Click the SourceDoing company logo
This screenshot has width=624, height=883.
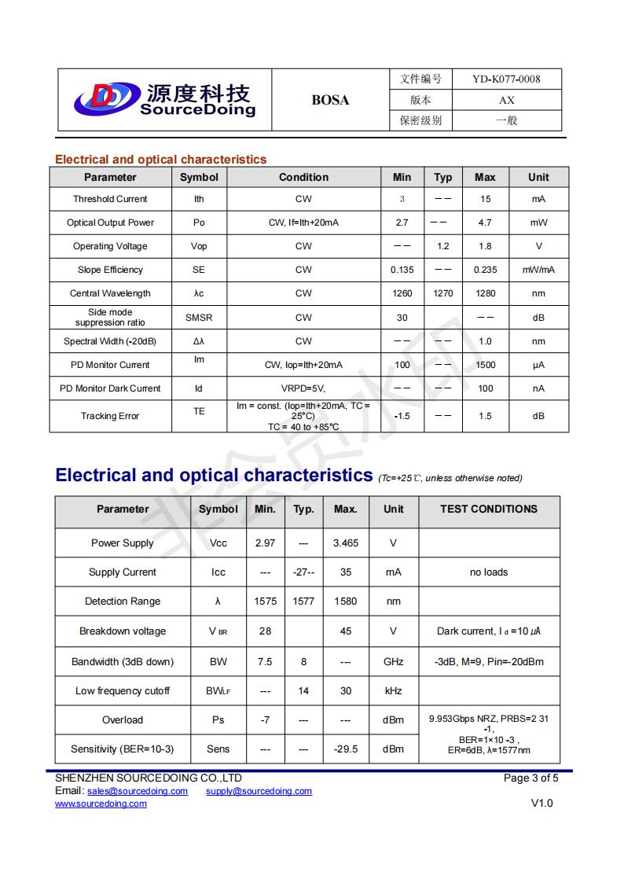[x=164, y=100]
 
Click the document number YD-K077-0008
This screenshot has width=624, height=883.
[x=506, y=79]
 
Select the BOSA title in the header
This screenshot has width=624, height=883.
[x=330, y=100]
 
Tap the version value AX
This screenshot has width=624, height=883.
[x=506, y=100]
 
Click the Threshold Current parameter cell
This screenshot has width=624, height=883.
[x=110, y=199]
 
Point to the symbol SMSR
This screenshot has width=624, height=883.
[x=199, y=318]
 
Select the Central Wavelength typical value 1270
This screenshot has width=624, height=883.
[x=443, y=293]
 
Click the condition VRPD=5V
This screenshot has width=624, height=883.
[x=303, y=388]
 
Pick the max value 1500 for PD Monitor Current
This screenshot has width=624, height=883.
[x=486, y=365]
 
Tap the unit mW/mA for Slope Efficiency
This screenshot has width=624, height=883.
[x=538, y=270]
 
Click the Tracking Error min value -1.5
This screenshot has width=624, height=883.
[x=402, y=416]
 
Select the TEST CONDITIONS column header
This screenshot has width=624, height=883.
[x=489, y=509]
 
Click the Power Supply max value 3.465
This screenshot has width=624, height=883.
[x=346, y=543]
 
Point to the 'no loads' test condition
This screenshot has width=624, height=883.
[x=489, y=572]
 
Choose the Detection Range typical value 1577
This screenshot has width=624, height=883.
[x=303, y=602]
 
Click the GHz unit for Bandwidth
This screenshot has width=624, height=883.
[x=394, y=661]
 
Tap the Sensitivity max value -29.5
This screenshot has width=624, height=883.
[x=346, y=749]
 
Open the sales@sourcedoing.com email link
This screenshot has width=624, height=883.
[x=138, y=791]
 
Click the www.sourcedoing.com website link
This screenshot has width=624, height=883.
[x=101, y=804]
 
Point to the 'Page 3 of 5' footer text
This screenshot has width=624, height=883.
[x=530, y=778]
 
